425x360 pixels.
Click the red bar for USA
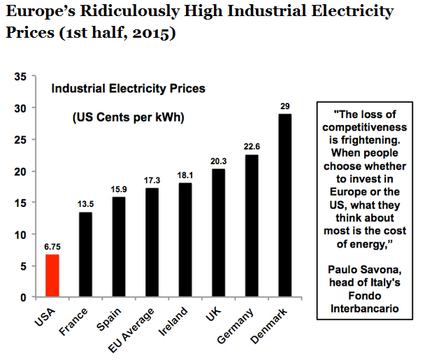(52, 276)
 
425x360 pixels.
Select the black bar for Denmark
(285, 206)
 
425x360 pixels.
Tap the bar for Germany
(252, 226)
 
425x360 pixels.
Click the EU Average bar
(152, 243)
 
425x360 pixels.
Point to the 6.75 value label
(52, 247)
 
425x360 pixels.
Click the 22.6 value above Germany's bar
(252, 147)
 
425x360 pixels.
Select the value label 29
(285, 106)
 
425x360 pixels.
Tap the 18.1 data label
(185, 176)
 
